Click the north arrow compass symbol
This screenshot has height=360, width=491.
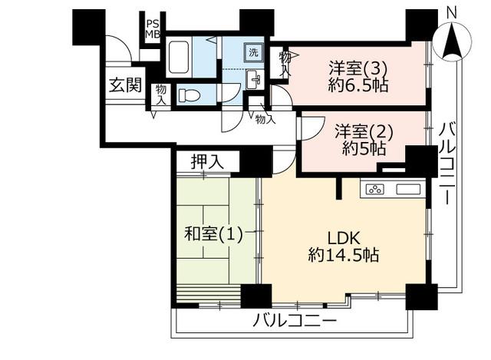tap(453, 42)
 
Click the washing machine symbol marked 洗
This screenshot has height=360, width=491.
tap(254, 52)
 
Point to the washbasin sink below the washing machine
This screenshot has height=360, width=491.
tap(254, 79)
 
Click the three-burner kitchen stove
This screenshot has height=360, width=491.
tap(375, 190)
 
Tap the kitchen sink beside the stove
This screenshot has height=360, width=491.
tap(408, 190)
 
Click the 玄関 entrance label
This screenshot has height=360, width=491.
tap(125, 85)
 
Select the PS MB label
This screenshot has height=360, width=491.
tap(153, 29)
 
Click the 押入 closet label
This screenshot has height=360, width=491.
tap(207, 162)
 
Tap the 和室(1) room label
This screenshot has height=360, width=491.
tap(213, 234)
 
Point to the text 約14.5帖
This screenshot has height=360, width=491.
tap(344, 255)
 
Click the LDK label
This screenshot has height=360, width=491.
tap(344, 239)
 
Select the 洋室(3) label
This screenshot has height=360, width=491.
tap(358, 68)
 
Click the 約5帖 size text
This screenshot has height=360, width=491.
tap(364, 148)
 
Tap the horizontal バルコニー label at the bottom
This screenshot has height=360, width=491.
tap(295, 321)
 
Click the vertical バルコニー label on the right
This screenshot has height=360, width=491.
tap(447, 163)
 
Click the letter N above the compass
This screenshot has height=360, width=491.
tap(452, 13)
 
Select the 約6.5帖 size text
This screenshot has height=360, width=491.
tap(358, 85)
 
